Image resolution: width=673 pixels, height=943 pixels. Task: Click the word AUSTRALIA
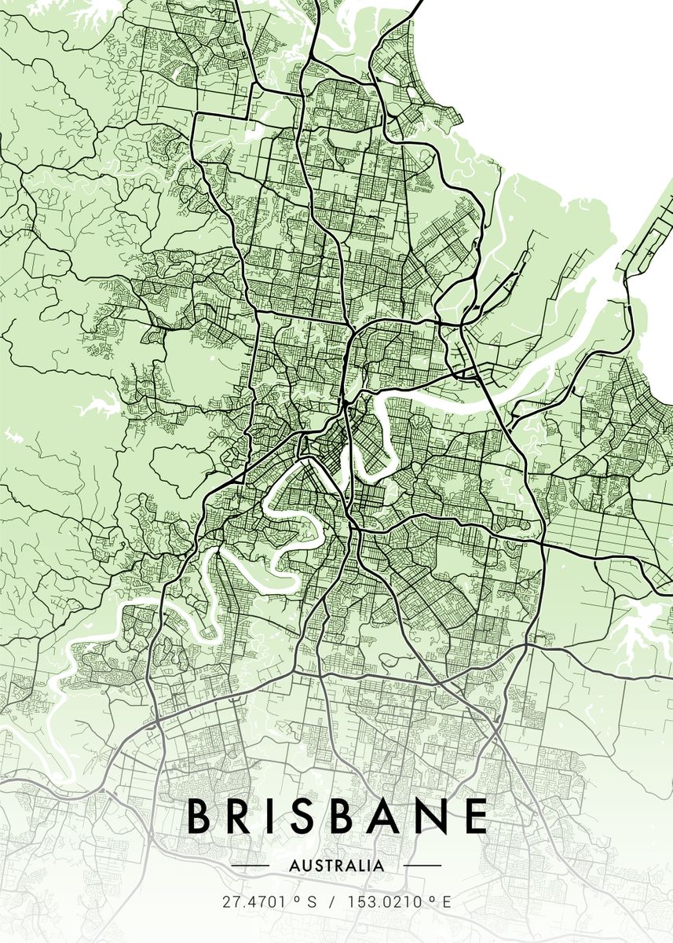pyautogui.click(x=337, y=866)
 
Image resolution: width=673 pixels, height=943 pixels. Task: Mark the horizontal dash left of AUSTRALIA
pyautogui.click(x=251, y=866)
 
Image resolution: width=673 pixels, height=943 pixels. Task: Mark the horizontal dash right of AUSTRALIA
pyautogui.click(x=422, y=866)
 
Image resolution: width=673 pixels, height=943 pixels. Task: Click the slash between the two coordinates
pyautogui.click(x=331, y=902)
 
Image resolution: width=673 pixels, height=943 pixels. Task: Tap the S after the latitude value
pyautogui.click(x=312, y=902)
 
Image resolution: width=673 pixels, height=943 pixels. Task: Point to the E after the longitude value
pyautogui.click(x=446, y=902)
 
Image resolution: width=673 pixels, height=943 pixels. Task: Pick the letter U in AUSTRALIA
pyautogui.click(x=306, y=866)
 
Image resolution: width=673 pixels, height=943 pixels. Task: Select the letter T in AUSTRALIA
pyautogui.click(x=327, y=866)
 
